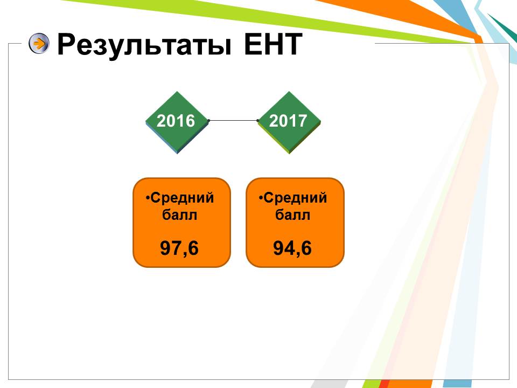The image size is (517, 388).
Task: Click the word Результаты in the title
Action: click(x=144, y=45)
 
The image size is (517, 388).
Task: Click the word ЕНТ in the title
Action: click(x=273, y=44)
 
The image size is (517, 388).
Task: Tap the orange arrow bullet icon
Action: click(x=39, y=43)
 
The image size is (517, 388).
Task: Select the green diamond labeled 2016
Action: click(x=177, y=122)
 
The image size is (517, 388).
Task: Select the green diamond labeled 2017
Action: click(x=289, y=122)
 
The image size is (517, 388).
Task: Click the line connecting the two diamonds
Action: click(x=233, y=120)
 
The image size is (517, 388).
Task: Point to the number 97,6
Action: click(x=179, y=248)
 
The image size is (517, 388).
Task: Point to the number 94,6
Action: click(x=292, y=248)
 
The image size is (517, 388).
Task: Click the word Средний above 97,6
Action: click(x=183, y=198)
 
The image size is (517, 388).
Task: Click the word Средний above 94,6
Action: click(x=296, y=198)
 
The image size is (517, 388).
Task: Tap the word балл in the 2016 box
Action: click(x=180, y=215)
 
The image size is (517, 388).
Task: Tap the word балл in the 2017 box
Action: click(x=293, y=215)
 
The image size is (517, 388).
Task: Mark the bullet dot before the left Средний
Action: click(x=148, y=198)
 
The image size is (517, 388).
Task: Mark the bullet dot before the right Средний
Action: click(x=261, y=198)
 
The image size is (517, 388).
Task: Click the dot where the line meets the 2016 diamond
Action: click(x=209, y=120)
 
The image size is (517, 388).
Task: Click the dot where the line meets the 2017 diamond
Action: click(x=258, y=120)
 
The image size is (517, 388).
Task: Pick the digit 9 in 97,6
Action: click(x=165, y=248)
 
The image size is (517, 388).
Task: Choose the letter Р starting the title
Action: click(x=66, y=44)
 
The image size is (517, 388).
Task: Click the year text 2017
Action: click(x=288, y=121)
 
